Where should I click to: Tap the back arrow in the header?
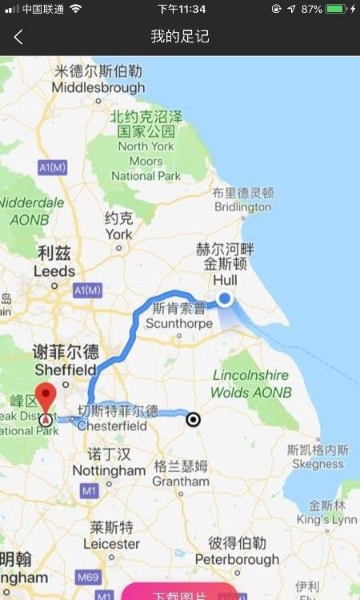[18, 37]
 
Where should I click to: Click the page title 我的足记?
[180, 37]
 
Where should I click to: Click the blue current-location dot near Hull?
[225, 299]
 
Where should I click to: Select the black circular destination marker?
[193, 419]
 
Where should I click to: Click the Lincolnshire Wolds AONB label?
[250, 384]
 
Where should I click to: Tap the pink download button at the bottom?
[180, 594]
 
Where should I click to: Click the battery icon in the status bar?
[335, 9]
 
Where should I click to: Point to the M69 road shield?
[88, 577]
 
